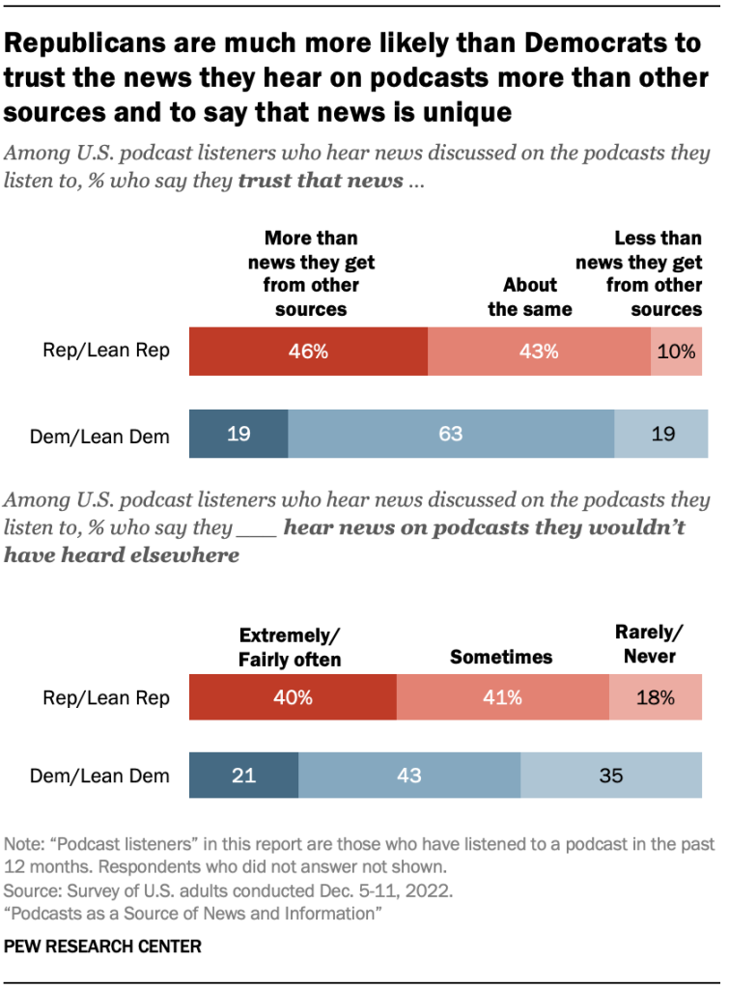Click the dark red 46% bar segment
pyautogui.click(x=308, y=352)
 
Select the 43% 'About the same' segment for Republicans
pyautogui.click(x=539, y=352)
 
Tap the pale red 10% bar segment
pyautogui.click(x=677, y=352)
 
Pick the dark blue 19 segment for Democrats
pyautogui.click(x=238, y=434)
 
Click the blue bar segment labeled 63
pyautogui.click(x=451, y=434)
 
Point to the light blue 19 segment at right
pyautogui.click(x=661, y=434)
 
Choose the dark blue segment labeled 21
pyautogui.click(x=243, y=775)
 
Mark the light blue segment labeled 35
pyautogui.click(x=611, y=775)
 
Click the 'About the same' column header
pyautogui.click(x=529, y=297)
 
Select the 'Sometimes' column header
pyautogui.click(x=501, y=657)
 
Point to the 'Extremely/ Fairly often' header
pyautogui.click(x=290, y=648)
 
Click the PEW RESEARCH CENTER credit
pyautogui.click(x=103, y=947)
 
